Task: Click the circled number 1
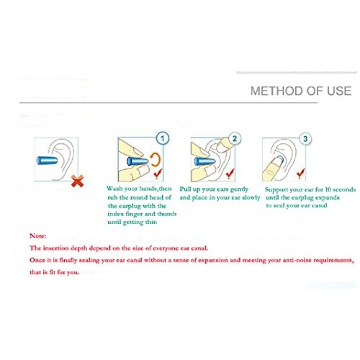(x=163, y=138)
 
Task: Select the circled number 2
(x=235, y=138)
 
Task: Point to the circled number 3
(x=305, y=139)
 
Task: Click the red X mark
(x=78, y=181)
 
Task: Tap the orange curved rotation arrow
(x=156, y=159)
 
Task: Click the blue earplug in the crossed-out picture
(x=47, y=161)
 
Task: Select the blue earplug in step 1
(x=138, y=161)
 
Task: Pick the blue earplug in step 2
(x=204, y=161)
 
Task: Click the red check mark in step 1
(x=158, y=174)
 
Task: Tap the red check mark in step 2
(x=230, y=174)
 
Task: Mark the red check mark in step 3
(x=301, y=173)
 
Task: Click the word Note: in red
(x=38, y=236)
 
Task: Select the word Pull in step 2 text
(x=185, y=189)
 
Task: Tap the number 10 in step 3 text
(x=328, y=189)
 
